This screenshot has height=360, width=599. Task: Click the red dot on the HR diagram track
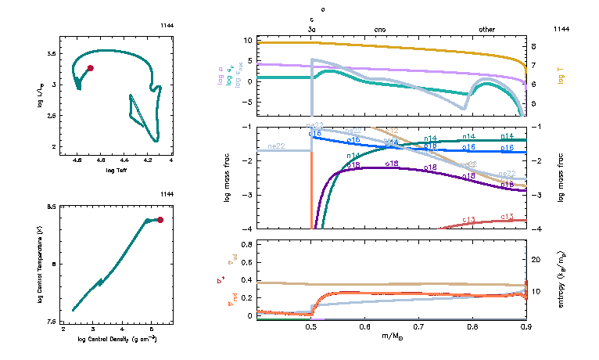[91, 68]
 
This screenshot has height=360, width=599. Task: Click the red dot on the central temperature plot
[160, 220]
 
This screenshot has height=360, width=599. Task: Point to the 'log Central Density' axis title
[117, 338]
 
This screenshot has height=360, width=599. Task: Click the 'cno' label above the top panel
[380, 29]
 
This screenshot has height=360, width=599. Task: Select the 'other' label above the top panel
[486, 29]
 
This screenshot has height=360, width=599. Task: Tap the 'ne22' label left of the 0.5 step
[275, 146]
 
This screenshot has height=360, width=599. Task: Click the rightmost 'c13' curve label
[506, 216]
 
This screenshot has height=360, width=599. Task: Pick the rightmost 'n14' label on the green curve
[508, 136]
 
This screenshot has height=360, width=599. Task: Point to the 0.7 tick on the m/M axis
[418, 326]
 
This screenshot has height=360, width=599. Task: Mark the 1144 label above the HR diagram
[166, 29]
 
